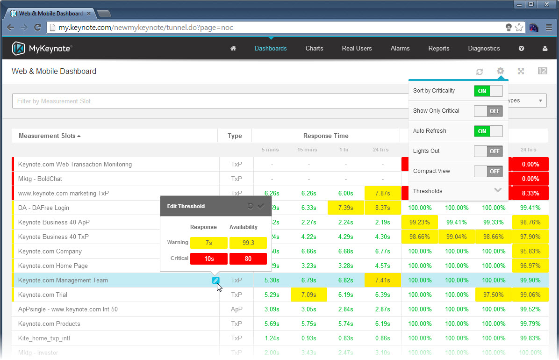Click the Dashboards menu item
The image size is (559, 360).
271,48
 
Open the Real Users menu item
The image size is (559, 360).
357,48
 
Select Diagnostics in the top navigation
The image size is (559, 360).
484,48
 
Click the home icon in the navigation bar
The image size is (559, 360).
233,48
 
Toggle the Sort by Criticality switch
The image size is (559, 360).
488,91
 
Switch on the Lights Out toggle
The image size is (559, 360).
488,151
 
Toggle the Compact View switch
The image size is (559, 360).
488,171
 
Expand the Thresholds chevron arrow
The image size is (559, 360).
498,191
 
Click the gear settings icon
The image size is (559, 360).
500,71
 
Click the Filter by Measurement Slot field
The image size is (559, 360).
210,101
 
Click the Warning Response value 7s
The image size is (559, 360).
209,243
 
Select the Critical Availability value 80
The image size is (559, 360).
248,259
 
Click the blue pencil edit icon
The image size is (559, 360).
215,280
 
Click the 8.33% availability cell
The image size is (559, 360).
530,193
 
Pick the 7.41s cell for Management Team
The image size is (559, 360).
382,280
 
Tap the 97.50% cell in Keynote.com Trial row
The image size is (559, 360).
493,295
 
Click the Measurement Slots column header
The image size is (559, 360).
50,136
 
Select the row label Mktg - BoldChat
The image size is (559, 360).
40,179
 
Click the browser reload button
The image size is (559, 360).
38,28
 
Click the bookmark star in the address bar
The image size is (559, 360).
519,28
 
